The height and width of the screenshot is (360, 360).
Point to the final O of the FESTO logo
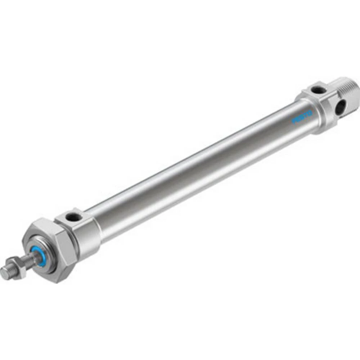310,113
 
